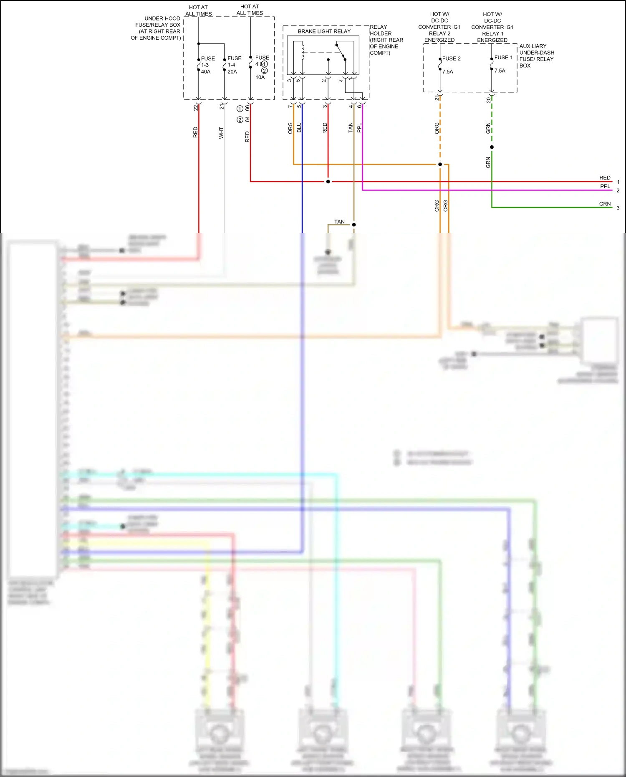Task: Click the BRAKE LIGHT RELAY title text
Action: pyautogui.click(x=324, y=31)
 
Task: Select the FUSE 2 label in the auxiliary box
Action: pyautogui.click(x=451, y=58)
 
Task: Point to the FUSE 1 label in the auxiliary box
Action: pyautogui.click(x=503, y=58)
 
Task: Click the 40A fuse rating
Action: pyautogui.click(x=206, y=72)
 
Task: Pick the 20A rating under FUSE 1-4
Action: pyautogui.click(x=232, y=72)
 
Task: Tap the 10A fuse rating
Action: pyautogui.click(x=260, y=77)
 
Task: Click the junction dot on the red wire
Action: pyautogui.click(x=328, y=182)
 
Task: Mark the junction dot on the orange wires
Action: pyautogui.click(x=440, y=165)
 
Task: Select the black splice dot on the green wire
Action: pyautogui.click(x=492, y=147)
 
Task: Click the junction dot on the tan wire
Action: pyautogui.click(x=354, y=225)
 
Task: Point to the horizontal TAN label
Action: pyautogui.click(x=339, y=222)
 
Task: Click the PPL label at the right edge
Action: pyautogui.click(x=605, y=186)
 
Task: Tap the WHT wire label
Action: pyautogui.click(x=221, y=133)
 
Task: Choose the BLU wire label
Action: pyautogui.click(x=299, y=127)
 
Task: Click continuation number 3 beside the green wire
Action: pyautogui.click(x=618, y=208)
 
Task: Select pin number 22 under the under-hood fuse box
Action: pyautogui.click(x=196, y=108)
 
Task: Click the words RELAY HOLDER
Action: pyautogui.click(x=380, y=30)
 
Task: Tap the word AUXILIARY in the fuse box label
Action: pyautogui.click(x=533, y=46)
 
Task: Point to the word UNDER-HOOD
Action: pyautogui.click(x=162, y=18)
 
